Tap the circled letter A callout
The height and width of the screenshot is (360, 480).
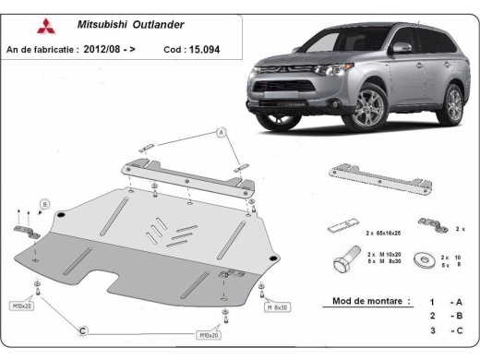(x=222, y=134)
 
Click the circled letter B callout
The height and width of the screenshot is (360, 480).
(x=44, y=204)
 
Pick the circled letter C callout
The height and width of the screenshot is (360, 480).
(x=82, y=330)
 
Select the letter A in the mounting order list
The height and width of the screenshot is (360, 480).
(x=458, y=302)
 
